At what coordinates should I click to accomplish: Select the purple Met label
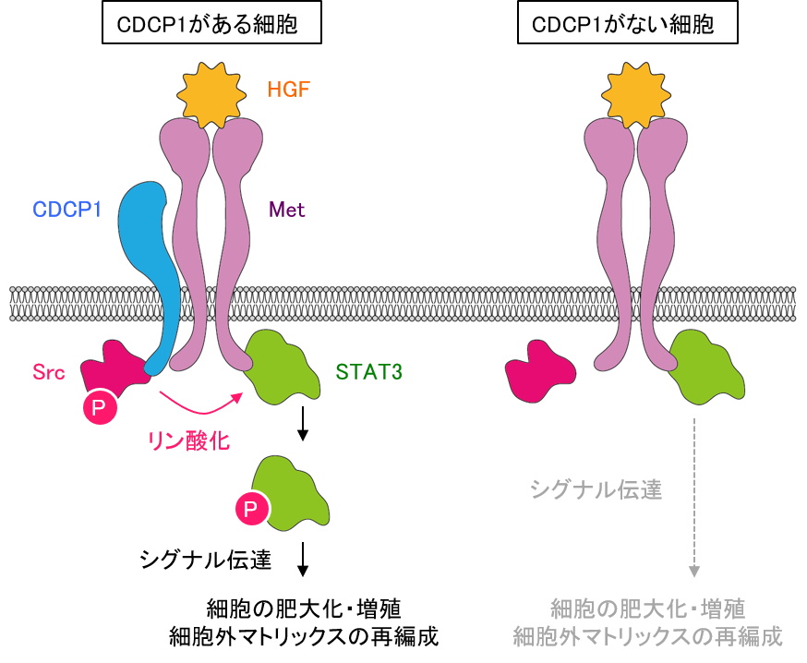(x=286, y=210)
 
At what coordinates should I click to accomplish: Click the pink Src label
(x=49, y=373)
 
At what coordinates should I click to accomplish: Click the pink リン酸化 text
(x=188, y=440)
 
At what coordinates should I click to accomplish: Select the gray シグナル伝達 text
(x=596, y=489)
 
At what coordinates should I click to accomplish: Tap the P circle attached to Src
(x=100, y=406)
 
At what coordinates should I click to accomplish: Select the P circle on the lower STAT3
(x=252, y=508)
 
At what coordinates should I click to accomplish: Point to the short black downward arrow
(x=302, y=424)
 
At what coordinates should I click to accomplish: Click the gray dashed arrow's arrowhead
(x=694, y=572)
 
